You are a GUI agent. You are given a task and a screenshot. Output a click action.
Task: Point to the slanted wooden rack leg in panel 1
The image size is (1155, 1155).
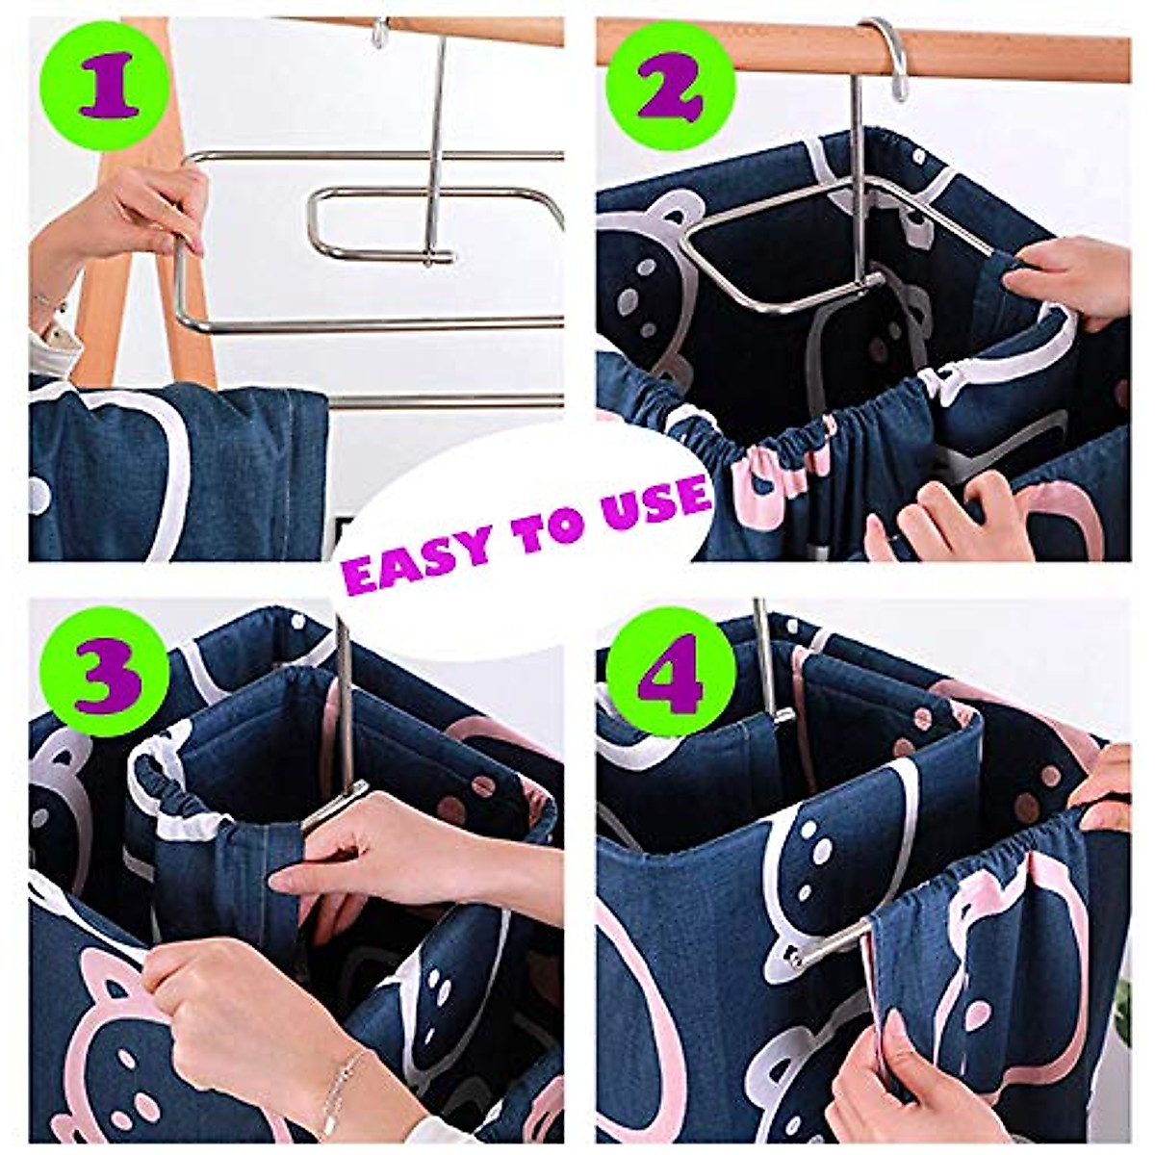[192, 289]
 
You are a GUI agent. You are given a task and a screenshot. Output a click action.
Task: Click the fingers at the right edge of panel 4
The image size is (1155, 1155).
[1107, 789]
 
